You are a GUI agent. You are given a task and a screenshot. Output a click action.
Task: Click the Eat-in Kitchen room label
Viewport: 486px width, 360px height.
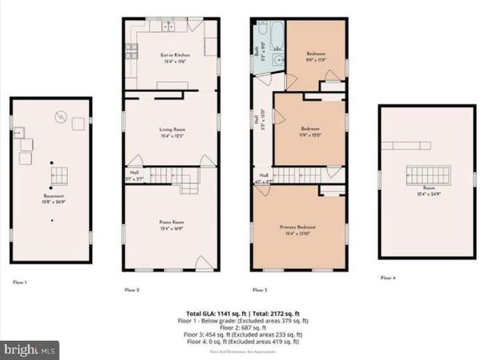[x=173, y=58]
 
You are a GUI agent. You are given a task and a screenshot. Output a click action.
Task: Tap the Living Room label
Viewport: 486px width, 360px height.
[x=173, y=133]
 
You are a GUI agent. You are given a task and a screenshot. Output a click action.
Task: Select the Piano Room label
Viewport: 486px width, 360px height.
[x=173, y=225]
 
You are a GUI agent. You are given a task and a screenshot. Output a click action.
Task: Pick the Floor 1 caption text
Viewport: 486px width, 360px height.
[x=20, y=282]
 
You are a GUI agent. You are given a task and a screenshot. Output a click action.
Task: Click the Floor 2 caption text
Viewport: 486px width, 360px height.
[x=132, y=289]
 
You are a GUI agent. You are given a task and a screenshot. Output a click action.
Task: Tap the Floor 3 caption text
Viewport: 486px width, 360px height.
[x=260, y=289]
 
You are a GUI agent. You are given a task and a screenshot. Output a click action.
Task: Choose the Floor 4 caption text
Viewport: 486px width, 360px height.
[x=388, y=279]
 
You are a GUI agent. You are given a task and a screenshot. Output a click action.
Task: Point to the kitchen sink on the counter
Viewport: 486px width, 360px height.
[x=167, y=27]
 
